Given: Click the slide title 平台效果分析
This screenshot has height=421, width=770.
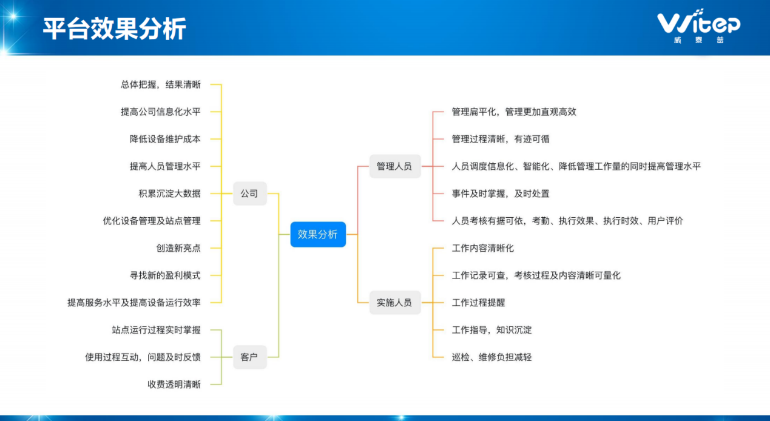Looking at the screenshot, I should pyautogui.click(x=114, y=29).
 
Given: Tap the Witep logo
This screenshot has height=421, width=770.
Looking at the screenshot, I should pyautogui.click(x=698, y=25).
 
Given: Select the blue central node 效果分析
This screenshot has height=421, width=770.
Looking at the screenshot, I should pyautogui.click(x=318, y=234).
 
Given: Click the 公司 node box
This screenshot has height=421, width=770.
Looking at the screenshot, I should pyautogui.click(x=249, y=194).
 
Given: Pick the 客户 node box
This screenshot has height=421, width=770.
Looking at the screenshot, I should pyautogui.click(x=249, y=357).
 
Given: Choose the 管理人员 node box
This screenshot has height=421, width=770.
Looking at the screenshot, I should pyautogui.click(x=394, y=166).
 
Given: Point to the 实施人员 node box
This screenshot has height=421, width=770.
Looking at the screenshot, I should pyautogui.click(x=394, y=302).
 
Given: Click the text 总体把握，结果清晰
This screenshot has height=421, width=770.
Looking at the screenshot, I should pyautogui.click(x=161, y=84).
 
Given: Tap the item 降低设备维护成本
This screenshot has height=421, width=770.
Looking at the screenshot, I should pyautogui.click(x=165, y=139).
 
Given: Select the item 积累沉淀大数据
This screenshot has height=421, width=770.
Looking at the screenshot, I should pyautogui.click(x=169, y=194).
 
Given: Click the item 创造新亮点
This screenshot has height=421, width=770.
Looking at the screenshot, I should pyautogui.click(x=178, y=248).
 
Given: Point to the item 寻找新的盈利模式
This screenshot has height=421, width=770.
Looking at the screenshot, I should pyautogui.click(x=165, y=275).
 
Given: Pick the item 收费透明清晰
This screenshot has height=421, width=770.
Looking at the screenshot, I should pyautogui.click(x=174, y=384).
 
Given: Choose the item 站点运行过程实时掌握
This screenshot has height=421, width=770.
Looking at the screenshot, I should pyautogui.click(x=156, y=330).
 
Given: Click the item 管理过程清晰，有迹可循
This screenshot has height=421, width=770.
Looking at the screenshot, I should pyautogui.click(x=501, y=139).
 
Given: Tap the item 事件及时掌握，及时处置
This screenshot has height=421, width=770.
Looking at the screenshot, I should pyautogui.click(x=501, y=194).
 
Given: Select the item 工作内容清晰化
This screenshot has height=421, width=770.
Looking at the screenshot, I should pyautogui.click(x=483, y=248).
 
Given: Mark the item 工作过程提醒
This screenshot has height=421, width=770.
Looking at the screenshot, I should pyautogui.click(x=479, y=302).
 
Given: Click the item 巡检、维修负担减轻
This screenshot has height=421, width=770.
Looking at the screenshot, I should pyautogui.click(x=492, y=357).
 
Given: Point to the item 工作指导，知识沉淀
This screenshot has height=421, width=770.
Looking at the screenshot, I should pyautogui.click(x=492, y=330).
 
